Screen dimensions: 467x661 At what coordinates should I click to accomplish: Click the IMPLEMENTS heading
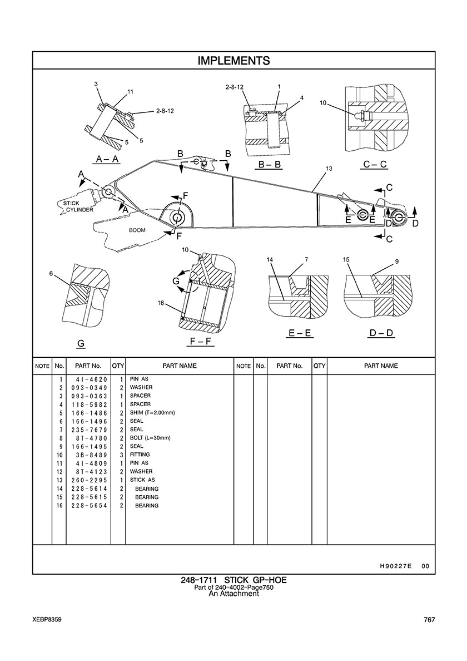pyautogui.click(x=233, y=61)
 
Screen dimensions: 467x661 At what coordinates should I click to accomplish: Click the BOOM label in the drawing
pyautogui.click(x=137, y=230)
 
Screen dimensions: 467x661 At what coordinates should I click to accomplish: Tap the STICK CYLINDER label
pyautogui.click(x=76, y=206)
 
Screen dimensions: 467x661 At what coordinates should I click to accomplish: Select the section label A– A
pyautogui.click(x=108, y=159)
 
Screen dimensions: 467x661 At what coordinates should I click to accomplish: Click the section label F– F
pyautogui.click(x=200, y=341)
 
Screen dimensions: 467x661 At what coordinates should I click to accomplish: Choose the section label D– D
pyautogui.click(x=381, y=333)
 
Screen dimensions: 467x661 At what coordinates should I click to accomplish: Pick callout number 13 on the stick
pyautogui.click(x=329, y=169)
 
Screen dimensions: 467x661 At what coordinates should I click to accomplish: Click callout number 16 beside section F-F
pyautogui.click(x=161, y=303)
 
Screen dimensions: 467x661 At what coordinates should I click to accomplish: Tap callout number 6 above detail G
pyautogui.click(x=51, y=274)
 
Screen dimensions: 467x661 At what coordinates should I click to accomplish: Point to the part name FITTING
pyautogui.click(x=140, y=455)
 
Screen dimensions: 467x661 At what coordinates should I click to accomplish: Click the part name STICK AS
pyautogui.click(x=142, y=480)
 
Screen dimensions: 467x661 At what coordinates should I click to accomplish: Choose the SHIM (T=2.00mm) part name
pyautogui.click(x=152, y=413)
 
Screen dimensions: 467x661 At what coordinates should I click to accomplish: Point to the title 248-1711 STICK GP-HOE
pyautogui.click(x=233, y=580)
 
